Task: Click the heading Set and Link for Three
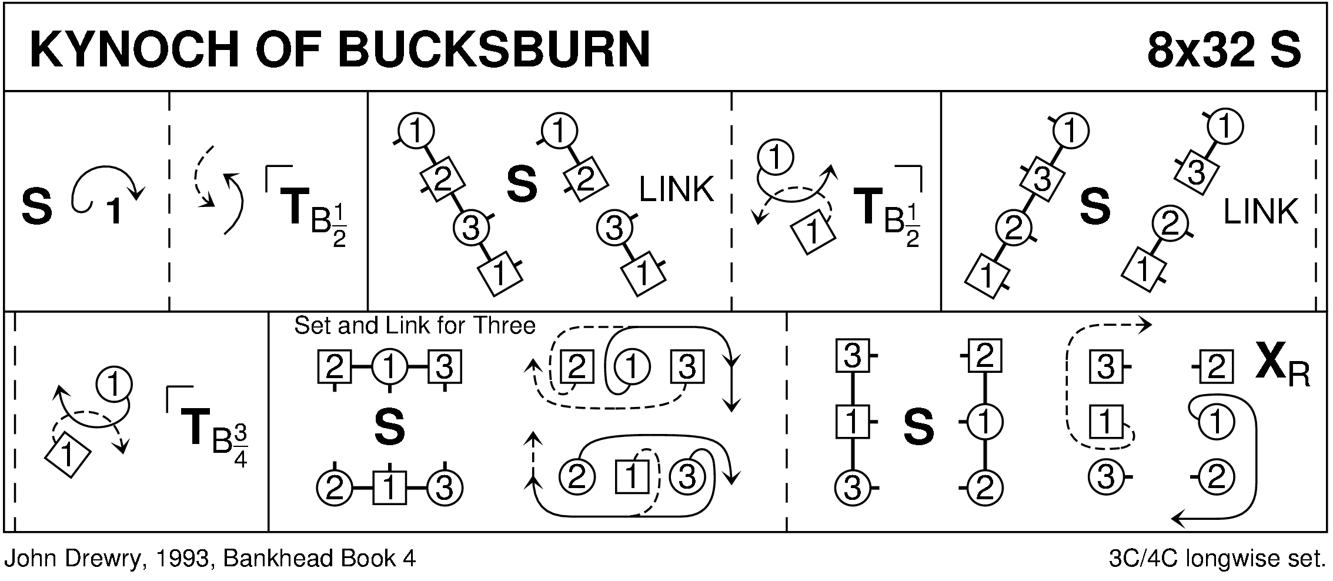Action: (x=414, y=326)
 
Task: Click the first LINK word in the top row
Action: (x=676, y=190)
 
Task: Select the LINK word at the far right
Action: (x=1260, y=212)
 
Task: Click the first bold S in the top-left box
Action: (x=36, y=207)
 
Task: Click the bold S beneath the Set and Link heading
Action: (x=389, y=428)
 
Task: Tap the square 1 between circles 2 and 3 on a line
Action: (x=389, y=488)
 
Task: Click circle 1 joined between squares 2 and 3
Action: (x=389, y=368)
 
